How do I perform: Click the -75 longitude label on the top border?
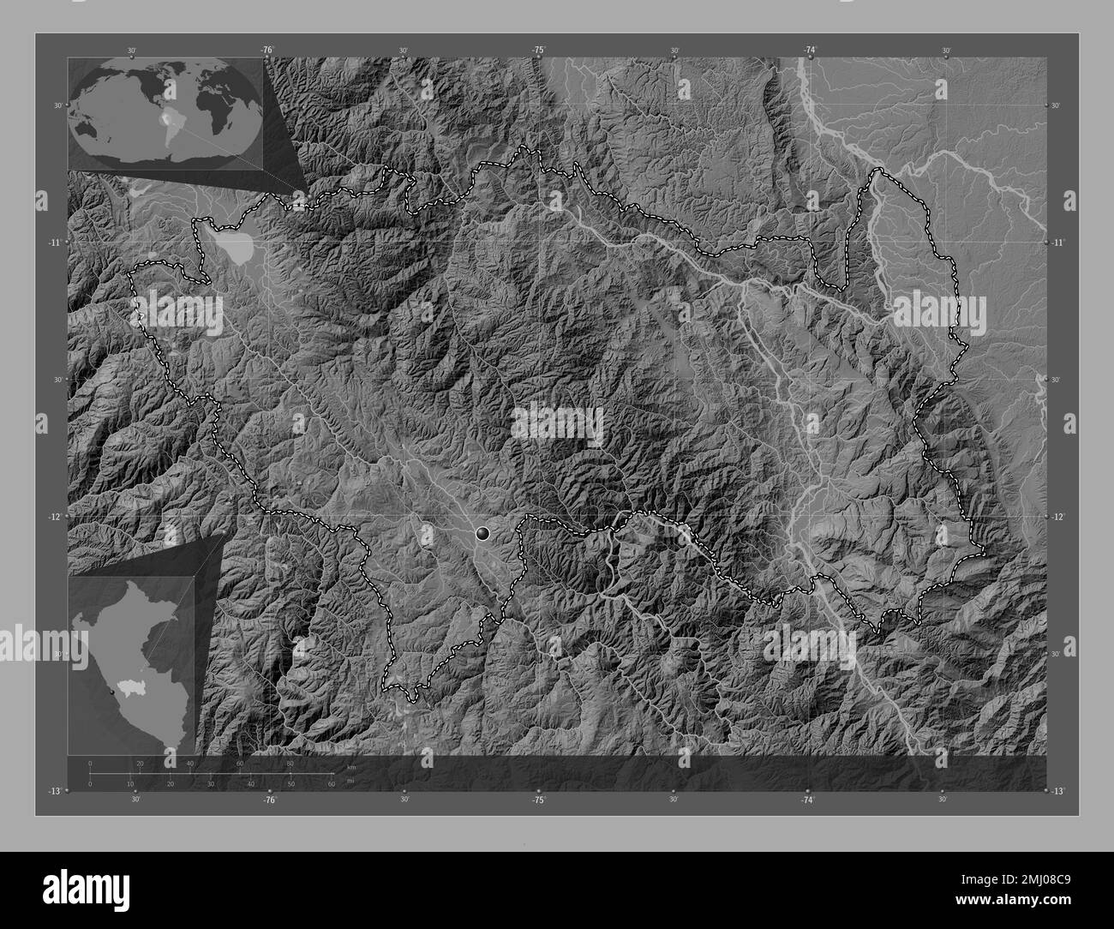click(538, 51)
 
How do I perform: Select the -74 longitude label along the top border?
click(808, 51)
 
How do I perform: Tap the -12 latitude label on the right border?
click(1057, 516)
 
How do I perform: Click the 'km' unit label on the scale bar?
click(351, 767)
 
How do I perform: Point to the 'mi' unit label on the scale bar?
click(351, 780)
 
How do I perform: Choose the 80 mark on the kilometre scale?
click(290, 764)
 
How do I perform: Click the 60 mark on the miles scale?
click(332, 784)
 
